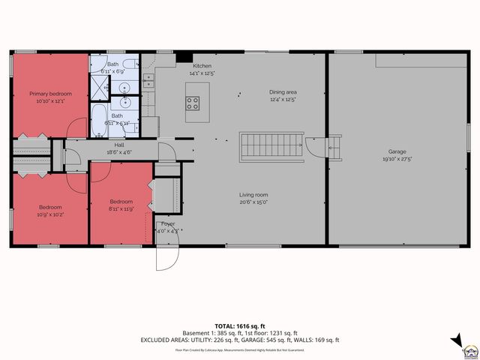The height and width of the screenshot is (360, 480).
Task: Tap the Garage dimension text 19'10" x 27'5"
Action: pos(397,159)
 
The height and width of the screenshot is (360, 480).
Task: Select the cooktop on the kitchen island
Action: pos(193,103)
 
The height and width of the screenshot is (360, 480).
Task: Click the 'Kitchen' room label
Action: pos(202,66)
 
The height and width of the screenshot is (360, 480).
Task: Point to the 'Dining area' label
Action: pos(283,92)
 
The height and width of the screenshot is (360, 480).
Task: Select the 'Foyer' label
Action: pos(169,223)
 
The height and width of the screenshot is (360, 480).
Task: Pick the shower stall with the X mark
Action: pos(100,89)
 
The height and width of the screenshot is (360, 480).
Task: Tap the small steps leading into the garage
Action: pos(335,147)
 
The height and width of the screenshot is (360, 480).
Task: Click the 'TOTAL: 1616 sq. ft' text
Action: pos(240,325)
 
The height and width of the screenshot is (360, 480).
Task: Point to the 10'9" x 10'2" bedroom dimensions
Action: pos(50,214)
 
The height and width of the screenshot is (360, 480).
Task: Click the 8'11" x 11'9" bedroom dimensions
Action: pos(121,208)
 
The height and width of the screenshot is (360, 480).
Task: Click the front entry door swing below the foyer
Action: pos(166,257)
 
